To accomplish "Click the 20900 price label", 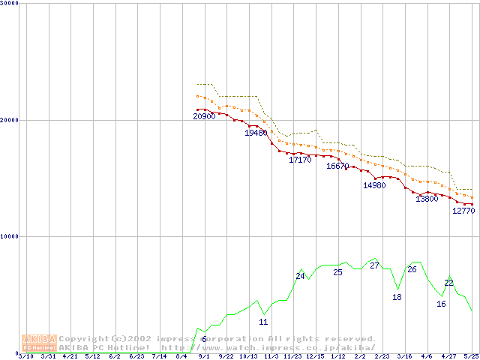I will (204, 116).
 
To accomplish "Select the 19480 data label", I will (256, 133).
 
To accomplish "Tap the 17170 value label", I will (300, 160).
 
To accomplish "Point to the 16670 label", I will (337, 166).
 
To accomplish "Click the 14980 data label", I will (374, 185).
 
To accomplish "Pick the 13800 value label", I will (427, 199).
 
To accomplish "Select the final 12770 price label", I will (463, 211).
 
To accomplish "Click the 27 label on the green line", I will (374, 265).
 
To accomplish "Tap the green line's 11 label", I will (263, 322).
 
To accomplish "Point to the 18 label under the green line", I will (397, 297).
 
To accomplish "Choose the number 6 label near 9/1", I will (204, 339).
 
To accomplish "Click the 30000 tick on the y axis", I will (10, 4).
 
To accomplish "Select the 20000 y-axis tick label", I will (10, 120).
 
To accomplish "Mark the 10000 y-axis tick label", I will (10, 236).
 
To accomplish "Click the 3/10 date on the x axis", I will (25, 356).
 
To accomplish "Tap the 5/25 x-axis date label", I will (471, 356).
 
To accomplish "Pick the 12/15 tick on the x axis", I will (315, 356).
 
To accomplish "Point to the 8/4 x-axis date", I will (181, 356).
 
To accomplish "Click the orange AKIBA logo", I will (39, 343).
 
